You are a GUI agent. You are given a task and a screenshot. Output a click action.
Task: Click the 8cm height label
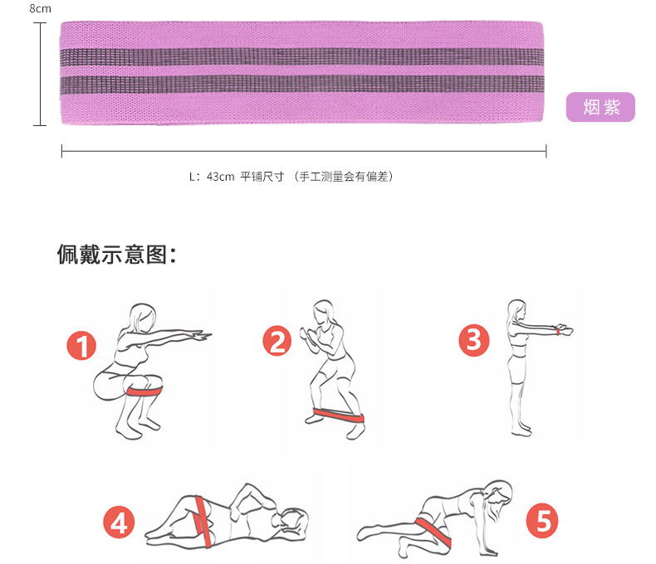(40, 8)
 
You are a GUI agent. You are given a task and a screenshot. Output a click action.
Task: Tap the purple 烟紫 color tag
(600, 107)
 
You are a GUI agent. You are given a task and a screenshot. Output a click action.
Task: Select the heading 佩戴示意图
(116, 253)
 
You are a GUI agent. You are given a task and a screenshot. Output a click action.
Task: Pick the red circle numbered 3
(472, 340)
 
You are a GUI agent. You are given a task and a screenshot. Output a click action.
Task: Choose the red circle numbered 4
(120, 523)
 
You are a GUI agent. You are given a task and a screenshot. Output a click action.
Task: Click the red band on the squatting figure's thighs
(145, 388)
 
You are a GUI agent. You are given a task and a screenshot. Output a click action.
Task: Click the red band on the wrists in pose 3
(563, 331)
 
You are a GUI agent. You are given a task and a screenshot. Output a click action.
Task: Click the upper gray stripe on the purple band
(303, 58)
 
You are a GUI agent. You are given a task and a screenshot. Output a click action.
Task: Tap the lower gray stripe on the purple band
(303, 85)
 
